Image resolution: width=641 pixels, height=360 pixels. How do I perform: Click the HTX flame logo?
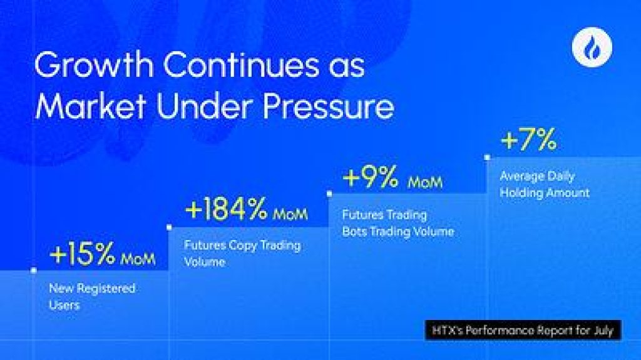(x=592, y=47)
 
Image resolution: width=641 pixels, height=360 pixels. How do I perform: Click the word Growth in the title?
(x=94, y=64)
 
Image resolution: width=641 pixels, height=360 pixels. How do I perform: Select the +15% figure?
(x=82, y=254)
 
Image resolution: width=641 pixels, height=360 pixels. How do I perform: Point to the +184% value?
(x=227, y=209)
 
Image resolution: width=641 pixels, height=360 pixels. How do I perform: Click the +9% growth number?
(x=371, y=177)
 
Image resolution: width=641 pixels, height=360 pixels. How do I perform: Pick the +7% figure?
(x=528, y=139)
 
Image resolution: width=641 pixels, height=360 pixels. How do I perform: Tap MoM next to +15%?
(x=138, y=259)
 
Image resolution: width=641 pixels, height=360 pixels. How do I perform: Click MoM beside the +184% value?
(x=290, y=214)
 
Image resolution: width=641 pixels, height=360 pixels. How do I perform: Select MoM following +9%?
(x=425, y=182)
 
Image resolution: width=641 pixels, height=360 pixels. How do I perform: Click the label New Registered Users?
(x=92, y=297)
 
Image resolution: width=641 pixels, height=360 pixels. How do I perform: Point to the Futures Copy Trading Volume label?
(x=242, y=253)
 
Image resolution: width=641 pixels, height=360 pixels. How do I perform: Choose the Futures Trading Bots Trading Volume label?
(x=398, y=223)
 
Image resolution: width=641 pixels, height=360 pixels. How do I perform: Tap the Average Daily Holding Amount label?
(x=545, y=184)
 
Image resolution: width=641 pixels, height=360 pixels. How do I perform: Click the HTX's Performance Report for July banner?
(x=523, y=330)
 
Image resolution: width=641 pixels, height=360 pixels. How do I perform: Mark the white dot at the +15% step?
(x=34, y=270)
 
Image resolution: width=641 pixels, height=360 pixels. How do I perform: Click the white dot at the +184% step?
(x=169, y=227)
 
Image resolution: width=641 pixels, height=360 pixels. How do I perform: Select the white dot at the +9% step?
(x=329, y=194)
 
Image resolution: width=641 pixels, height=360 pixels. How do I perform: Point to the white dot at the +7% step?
(x=487, y=157)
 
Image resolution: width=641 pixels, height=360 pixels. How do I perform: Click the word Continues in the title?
(x=240, y=64)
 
